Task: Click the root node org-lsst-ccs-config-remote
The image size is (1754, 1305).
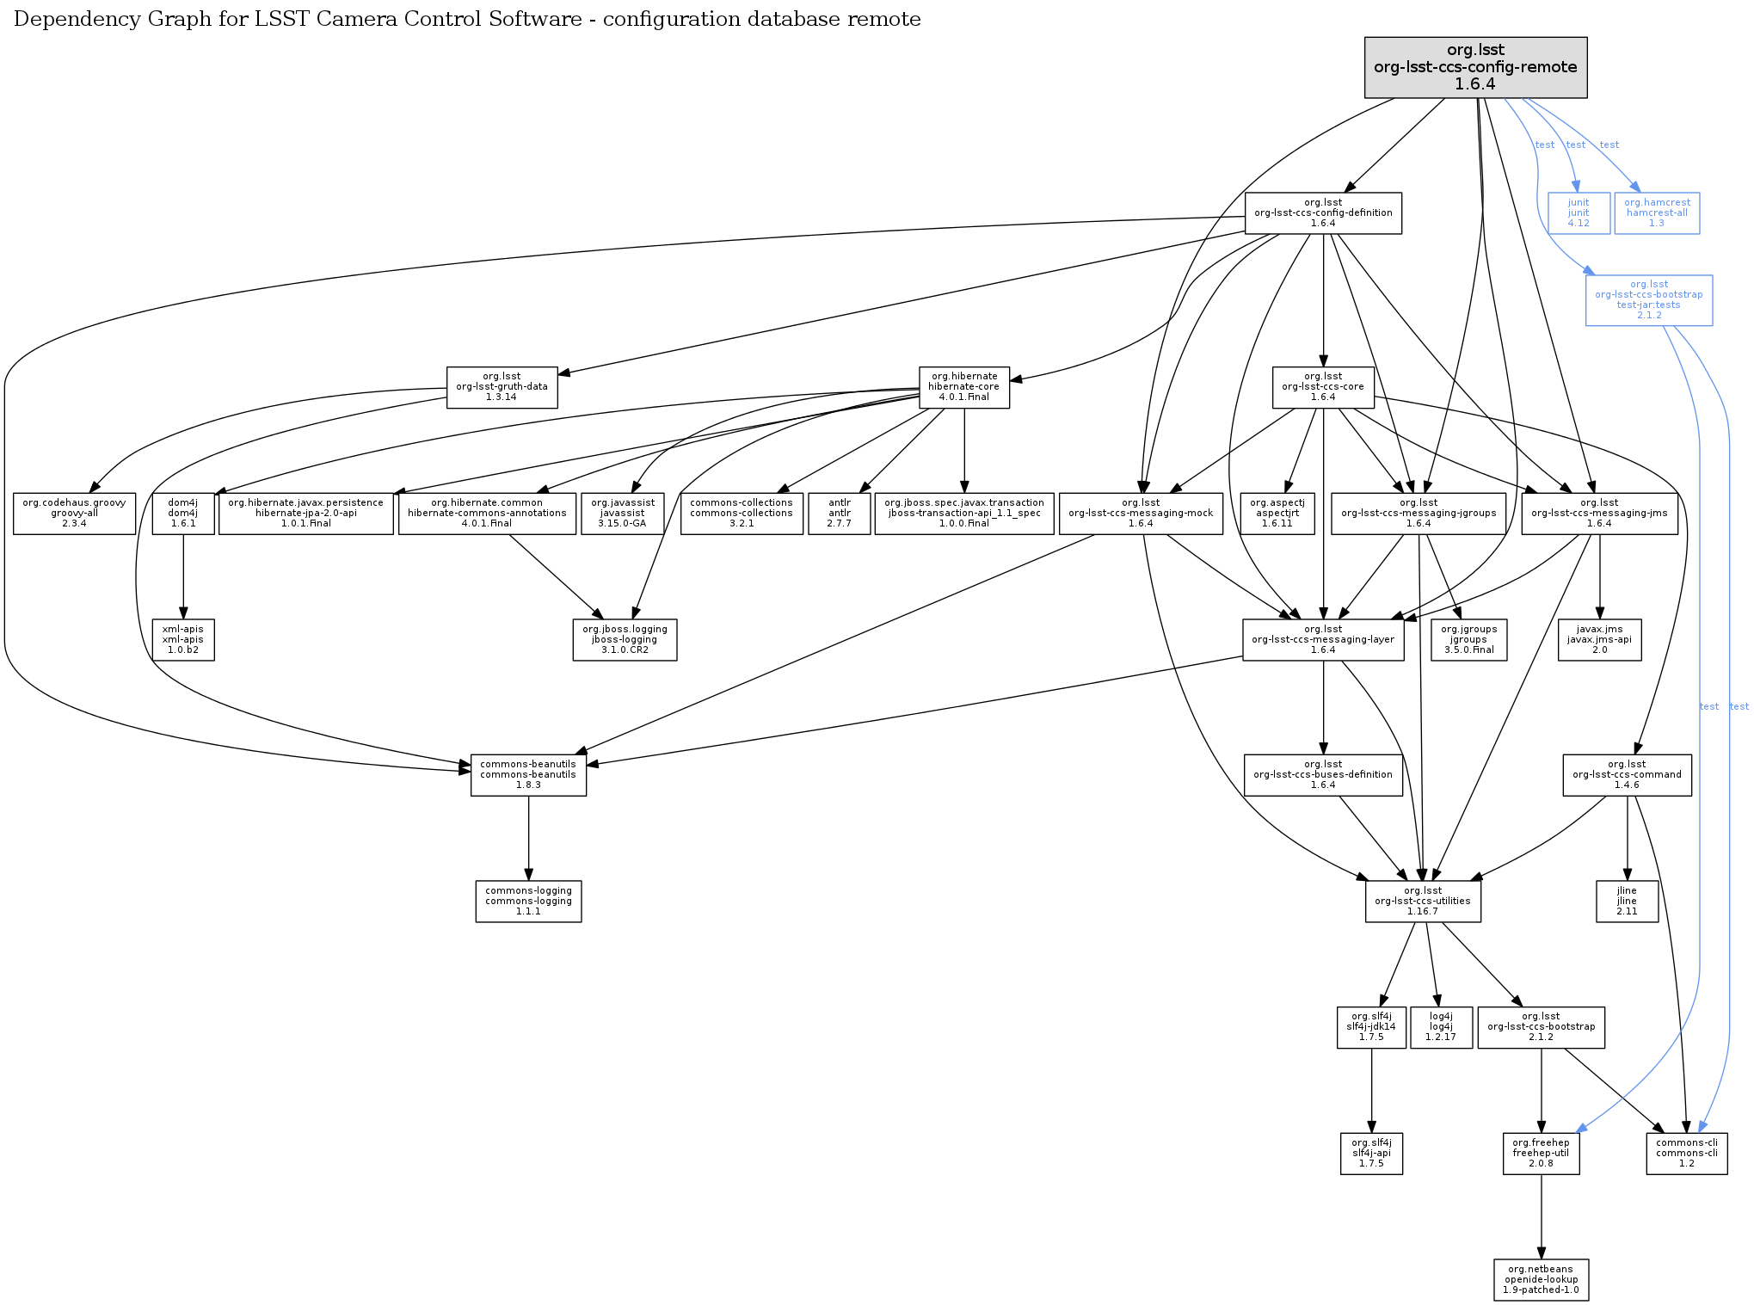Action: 1475,67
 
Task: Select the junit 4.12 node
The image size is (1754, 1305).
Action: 1578,212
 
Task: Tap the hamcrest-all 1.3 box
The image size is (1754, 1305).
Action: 1657,212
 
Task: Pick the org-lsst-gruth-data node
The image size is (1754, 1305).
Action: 502,387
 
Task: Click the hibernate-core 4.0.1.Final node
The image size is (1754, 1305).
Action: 963,387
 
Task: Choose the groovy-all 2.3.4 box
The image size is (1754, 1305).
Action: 74,514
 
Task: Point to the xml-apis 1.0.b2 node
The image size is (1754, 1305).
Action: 183,640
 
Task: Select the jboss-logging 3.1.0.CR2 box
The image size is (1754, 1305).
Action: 625,640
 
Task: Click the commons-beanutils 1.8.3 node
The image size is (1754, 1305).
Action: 528,775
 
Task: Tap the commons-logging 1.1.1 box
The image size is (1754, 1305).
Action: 528,902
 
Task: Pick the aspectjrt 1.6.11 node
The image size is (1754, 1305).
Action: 1277,514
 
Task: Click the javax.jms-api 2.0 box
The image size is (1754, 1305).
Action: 1599,640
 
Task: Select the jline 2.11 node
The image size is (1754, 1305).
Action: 1627,902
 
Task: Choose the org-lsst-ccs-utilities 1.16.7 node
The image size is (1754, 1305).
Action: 1423,902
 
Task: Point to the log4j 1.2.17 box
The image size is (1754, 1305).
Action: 1441,1027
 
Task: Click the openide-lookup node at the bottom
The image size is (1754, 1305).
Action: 1541,1280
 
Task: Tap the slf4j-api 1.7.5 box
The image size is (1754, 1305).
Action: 1371,1154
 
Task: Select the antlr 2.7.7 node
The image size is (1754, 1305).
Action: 839,514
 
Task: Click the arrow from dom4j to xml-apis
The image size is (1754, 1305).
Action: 183,576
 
